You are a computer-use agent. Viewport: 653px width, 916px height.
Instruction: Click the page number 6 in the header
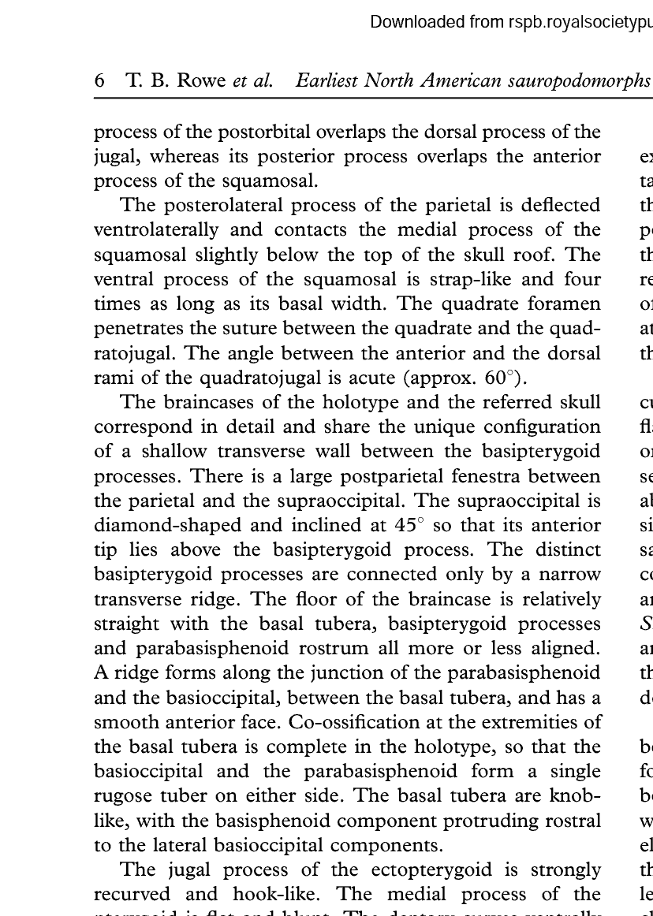pyautogui.click(x=100, y=81)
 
